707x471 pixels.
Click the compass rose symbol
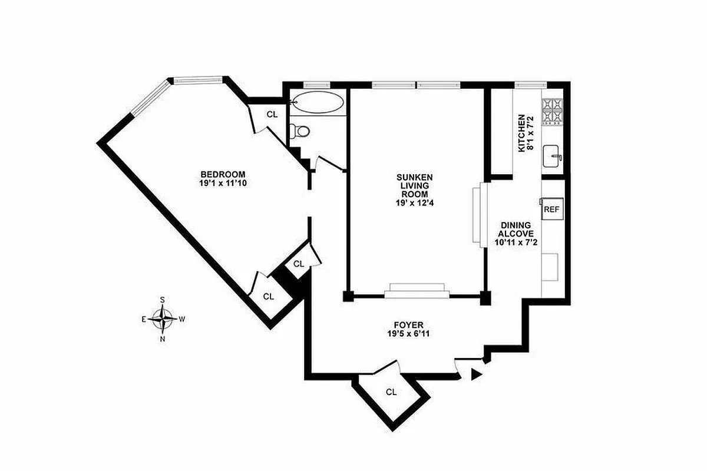162,319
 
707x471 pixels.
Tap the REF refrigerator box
551,209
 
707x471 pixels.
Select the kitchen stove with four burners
552,111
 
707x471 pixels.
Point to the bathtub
318,102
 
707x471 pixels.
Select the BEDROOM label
222,174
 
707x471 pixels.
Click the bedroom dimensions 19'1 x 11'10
222,184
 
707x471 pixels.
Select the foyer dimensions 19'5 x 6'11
409,334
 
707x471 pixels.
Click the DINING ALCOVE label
516,230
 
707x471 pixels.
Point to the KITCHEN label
521,134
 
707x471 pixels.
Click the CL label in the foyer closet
391,392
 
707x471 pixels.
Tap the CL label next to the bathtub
272,115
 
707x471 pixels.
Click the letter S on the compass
163,300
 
